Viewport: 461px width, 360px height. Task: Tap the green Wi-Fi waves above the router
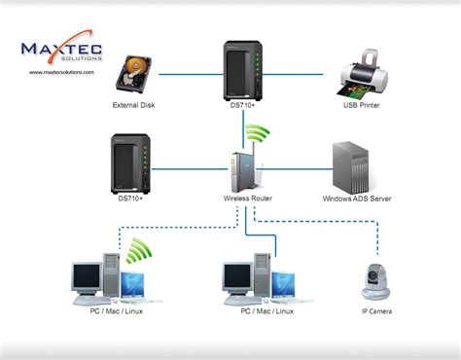[256, 135]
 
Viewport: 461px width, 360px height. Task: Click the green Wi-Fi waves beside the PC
[139, 253]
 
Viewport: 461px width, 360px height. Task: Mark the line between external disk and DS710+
[190, 73]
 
